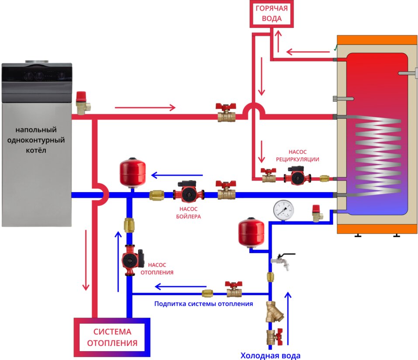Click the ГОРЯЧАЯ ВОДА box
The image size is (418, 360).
coord(271,14)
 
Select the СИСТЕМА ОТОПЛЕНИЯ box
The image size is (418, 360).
coord(112,337)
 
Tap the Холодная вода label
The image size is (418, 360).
coord(271,355)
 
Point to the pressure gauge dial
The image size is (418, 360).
coord(283,211)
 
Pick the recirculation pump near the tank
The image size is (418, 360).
coord(297,176)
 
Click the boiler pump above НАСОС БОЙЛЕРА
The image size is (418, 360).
coord(189,193)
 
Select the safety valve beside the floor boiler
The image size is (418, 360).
coord(82,102)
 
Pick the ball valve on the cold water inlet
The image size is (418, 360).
coord(274,337)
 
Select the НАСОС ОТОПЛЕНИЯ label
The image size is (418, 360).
coord(157,268)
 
